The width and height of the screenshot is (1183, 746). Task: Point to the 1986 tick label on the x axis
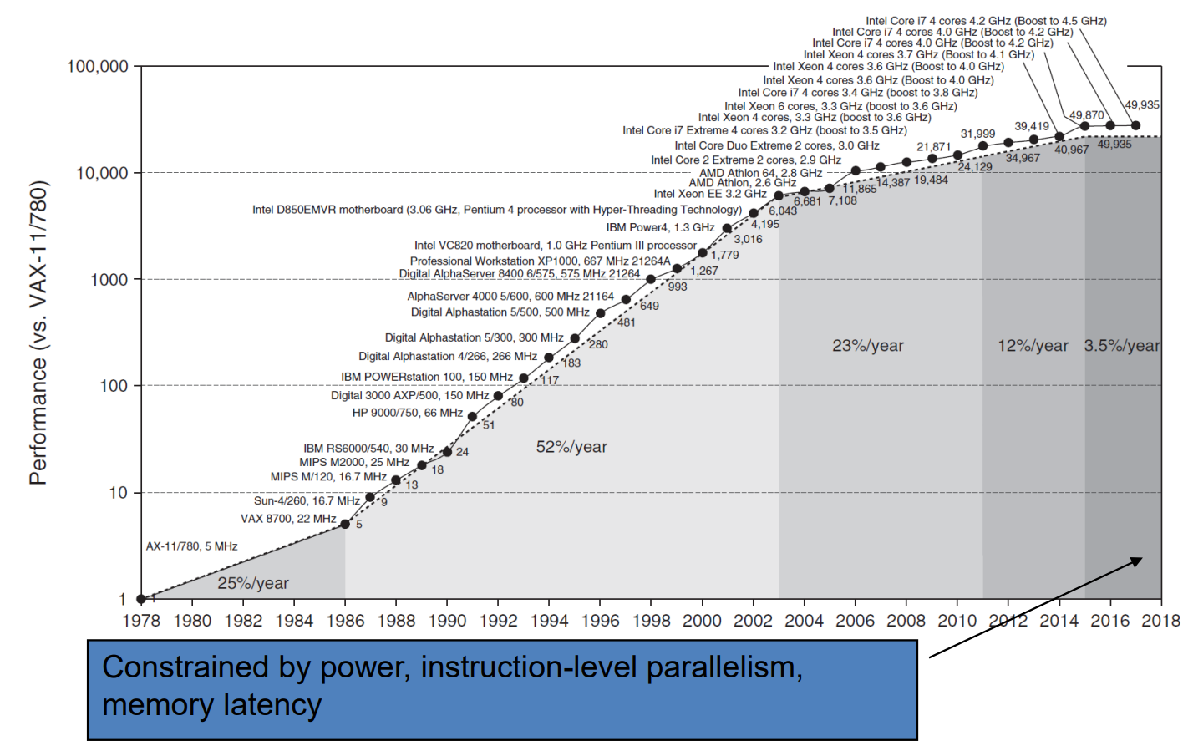tap(345, 621)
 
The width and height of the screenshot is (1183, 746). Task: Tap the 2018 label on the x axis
tap(1161, 621)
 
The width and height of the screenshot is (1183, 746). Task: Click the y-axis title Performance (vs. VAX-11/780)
tap(38, 332)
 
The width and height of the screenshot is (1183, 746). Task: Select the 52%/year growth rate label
tap(571, 447)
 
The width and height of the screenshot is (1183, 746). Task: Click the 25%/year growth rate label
tap(253, 583)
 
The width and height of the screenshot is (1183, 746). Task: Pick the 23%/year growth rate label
tap(867, 346)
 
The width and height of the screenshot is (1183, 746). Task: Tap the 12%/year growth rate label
tap(1033, 346)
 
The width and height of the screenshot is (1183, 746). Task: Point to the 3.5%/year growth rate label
tap(1122, 346)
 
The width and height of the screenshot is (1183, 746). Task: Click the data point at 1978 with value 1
tap(141, 599)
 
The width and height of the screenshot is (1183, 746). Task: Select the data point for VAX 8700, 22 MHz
tap(345, 524)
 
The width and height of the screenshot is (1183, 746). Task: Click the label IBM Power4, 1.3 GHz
tap(660, 227)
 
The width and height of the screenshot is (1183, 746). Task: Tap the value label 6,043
tap(783, 211)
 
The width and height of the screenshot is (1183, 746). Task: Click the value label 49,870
tap(1086, 115)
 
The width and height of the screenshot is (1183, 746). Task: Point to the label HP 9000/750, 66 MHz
tap(407, 413)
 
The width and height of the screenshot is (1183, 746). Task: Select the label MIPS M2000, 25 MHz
tap(354, 462)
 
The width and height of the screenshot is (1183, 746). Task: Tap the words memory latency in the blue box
tap(211, 705)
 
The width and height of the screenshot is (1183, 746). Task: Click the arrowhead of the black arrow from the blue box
tap(1137, 560)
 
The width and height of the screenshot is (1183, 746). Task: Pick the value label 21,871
tap(933, 147)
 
